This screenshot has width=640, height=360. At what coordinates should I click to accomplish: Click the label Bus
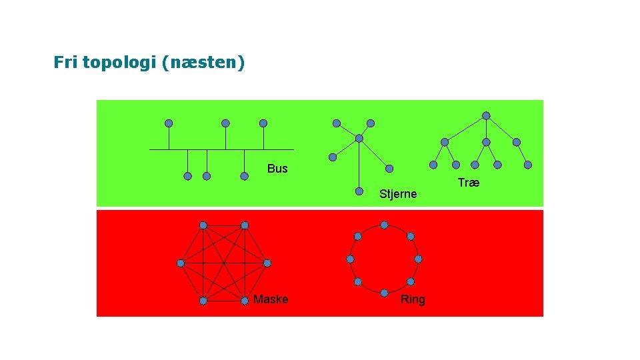pyautogui.click(x=277, y=169)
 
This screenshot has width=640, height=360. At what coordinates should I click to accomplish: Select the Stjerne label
pyautogui.click(x=397, y=194)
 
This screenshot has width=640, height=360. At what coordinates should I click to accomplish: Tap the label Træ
pyautogui.click(x=469, y=183)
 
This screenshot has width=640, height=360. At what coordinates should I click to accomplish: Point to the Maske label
pyautogui.click(x=271, y=299)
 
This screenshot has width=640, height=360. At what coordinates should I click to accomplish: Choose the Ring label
pyautogui.click(x=413, y=299)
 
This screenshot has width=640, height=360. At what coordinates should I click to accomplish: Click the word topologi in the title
pyautogui.click(x=119, y=63)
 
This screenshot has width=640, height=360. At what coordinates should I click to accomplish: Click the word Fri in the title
pyautogui.click(x=65, y=63)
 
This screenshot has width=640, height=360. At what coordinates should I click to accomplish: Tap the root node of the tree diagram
pyautogui.click(x=486, y=115)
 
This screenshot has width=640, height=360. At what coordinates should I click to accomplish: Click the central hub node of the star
pyautogui.click(x=359, y=139)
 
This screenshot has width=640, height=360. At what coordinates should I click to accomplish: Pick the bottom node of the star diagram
pyautogui.click(x=359, y=190)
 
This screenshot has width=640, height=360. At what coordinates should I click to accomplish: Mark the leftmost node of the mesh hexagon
pyautogui.click(x=180, y=263)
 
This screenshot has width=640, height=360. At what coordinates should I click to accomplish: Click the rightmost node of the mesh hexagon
pyautogui.click(x=267, y=263)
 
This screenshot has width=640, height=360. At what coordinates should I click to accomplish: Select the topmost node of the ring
pyautogui.click(x=385, y=225)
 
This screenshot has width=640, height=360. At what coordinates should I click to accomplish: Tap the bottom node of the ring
pyautogui.click(x=385, y=293)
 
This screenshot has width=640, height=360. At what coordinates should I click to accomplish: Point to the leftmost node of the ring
pyautogui.click(x=351, y=259)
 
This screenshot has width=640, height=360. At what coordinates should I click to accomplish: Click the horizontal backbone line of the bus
pyautogui.click(x=220, y=149)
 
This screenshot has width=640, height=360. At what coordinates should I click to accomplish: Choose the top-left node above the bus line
pyautogui.click(x=169, y=123)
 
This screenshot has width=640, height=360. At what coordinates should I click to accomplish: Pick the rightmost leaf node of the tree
pyautogui.click(x=528, y=165)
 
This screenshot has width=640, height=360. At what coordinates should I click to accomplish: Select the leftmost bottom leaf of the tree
pyautogui.click(x=433, y=165)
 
